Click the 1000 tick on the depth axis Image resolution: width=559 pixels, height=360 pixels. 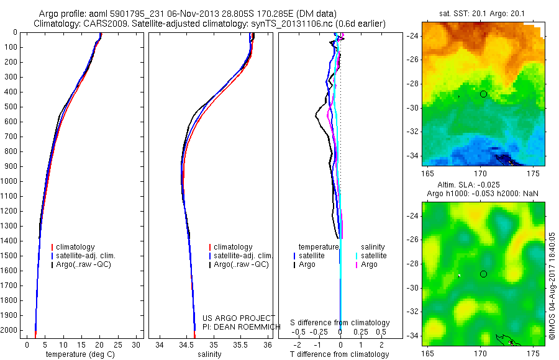(12, 181)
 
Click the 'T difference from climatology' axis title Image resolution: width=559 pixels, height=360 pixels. (340, 354)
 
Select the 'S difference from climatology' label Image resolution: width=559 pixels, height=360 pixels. (340, 323)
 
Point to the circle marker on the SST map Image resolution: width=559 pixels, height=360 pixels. (483, 94)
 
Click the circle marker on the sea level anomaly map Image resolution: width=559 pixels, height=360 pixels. (483, 274)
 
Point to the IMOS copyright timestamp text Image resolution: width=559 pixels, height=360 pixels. (552, 286)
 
